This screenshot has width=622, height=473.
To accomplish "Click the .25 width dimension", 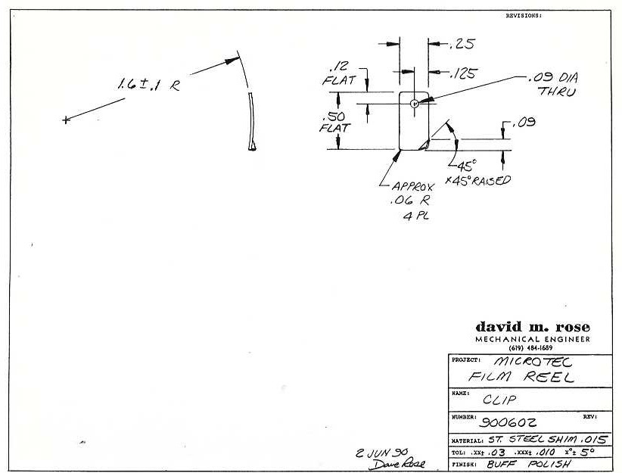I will click(x=461, y=44).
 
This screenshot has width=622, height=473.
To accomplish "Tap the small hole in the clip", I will click(x=414, y=103).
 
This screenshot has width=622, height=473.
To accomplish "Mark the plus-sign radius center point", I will click(x=66, y=120).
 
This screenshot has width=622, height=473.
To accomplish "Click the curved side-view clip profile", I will click(x=253, y=121).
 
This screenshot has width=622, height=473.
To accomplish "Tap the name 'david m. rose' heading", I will click(x=533, y=327).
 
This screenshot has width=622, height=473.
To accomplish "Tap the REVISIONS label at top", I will click(x=524, y=15).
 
